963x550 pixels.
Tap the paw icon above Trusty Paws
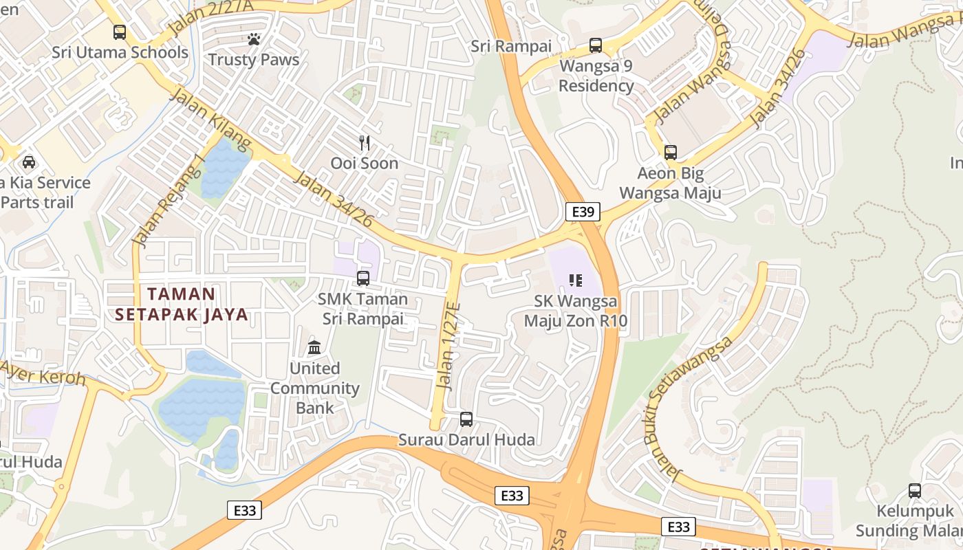254,39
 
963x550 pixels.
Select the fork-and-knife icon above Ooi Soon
365,143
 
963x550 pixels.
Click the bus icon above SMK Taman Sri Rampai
363,278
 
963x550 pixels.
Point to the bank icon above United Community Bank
314,347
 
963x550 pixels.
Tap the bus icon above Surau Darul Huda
466,419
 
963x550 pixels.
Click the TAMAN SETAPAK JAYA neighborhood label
182,304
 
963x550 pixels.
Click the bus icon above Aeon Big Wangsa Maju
671,152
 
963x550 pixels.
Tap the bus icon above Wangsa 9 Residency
596,46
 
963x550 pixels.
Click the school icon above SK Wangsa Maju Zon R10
576,280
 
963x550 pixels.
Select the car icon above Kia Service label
29,162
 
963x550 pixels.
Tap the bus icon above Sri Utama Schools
120,32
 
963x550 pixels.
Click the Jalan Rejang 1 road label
169,201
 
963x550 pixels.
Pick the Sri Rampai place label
511,46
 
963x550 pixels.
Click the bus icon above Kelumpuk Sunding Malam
915,491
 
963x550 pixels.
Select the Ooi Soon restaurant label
365,164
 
